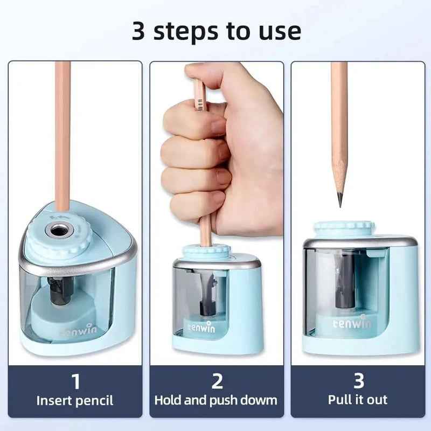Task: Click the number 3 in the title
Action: (x=140, y=31)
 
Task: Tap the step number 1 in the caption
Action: (x=75, y=381)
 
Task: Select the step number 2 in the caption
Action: (x=217, y=381)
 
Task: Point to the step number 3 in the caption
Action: (x=358, y=381)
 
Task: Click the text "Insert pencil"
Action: (x=75, y=400)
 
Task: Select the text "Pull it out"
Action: (x=358, y=400)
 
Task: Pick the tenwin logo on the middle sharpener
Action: (x=201, y=326)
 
